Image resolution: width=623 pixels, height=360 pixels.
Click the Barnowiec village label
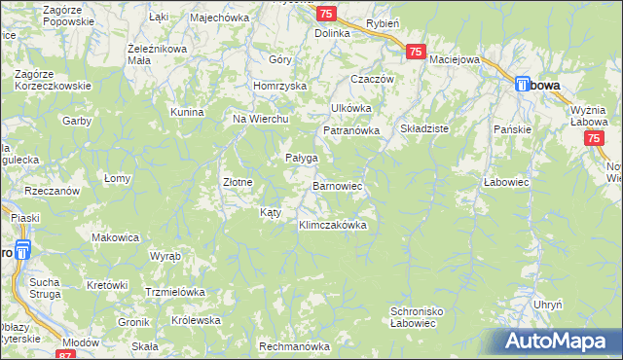pos(337,184)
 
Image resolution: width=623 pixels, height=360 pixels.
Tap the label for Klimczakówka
pos(332,225)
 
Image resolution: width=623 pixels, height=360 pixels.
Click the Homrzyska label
pos(279,85)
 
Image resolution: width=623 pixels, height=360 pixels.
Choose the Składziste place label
pos(423,128)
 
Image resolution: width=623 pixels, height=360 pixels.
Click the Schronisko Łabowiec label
pos(418,318)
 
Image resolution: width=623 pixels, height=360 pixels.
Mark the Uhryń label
pos(548,305)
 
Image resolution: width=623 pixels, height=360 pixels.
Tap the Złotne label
pos(238,182)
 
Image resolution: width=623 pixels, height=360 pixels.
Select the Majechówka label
pos(221,18)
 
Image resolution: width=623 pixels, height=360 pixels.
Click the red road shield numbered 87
pos(66,355)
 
